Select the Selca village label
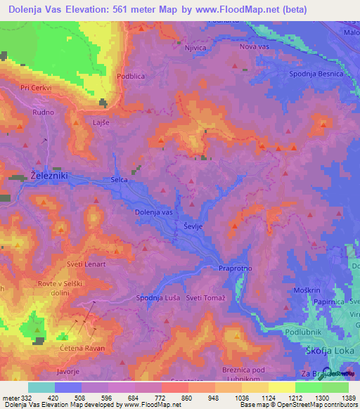[119, 181]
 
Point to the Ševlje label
[193, 227]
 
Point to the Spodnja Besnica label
[315, 74]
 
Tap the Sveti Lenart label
[86, 264]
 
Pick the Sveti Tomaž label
[205, 298]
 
